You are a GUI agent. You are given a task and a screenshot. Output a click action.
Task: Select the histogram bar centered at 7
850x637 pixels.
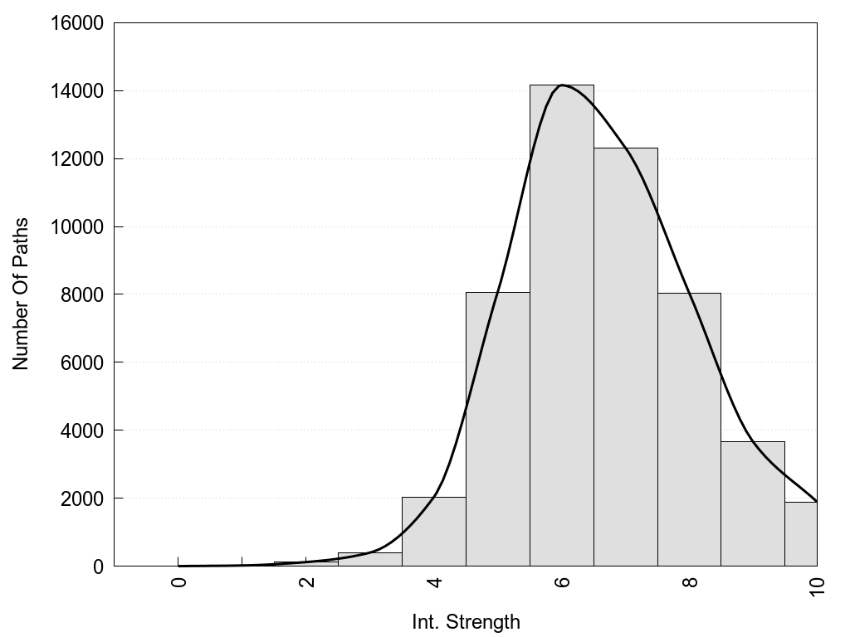[x=626, y=357]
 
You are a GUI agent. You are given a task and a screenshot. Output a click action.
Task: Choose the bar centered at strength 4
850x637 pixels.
[x=434, y=531]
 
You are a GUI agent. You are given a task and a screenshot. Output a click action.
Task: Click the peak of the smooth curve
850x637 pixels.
[x=562, y=85]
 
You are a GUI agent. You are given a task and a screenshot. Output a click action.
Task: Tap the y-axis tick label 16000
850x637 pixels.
[x=76, y=23]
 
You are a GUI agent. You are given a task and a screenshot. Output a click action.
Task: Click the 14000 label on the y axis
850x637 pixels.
[x=76, y=91]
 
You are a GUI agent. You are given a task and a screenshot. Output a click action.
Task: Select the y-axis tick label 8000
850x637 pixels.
[x=80, y=294]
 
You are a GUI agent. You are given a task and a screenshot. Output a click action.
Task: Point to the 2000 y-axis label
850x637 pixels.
[x=80, y=498]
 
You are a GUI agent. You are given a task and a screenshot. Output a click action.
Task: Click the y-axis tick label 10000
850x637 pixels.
[x=76, y=226]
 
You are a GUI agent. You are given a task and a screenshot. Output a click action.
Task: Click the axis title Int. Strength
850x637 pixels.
[x=466, y=622]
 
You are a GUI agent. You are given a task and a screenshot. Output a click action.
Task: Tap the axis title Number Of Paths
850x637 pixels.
[x=22, y=294]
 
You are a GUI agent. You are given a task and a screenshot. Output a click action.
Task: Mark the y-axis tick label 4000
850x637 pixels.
[x=80, y=430]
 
